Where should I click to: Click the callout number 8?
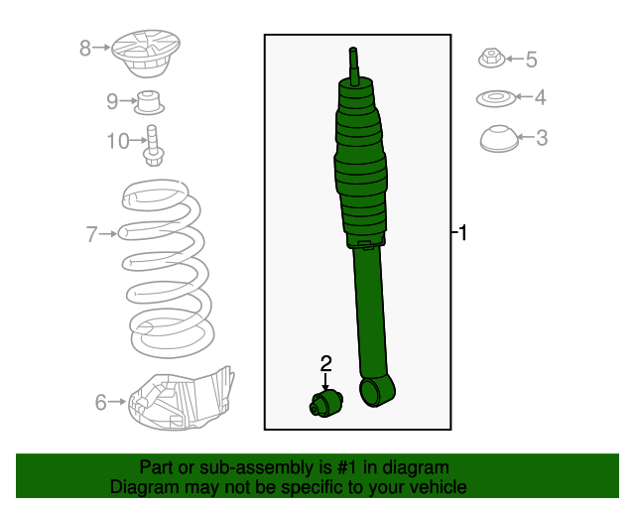pos(85,47)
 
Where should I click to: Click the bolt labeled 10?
pos(154,144)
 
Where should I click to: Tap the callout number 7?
pos(91,234)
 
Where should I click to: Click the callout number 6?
pos(100,402)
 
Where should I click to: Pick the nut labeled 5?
pos(490,59)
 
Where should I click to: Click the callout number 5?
pos(531,61)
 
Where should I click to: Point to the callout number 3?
pos(542,138)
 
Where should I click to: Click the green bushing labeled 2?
pos(324,404)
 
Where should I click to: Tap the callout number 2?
pos(325,364)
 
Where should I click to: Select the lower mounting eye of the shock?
pos(377,391)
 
